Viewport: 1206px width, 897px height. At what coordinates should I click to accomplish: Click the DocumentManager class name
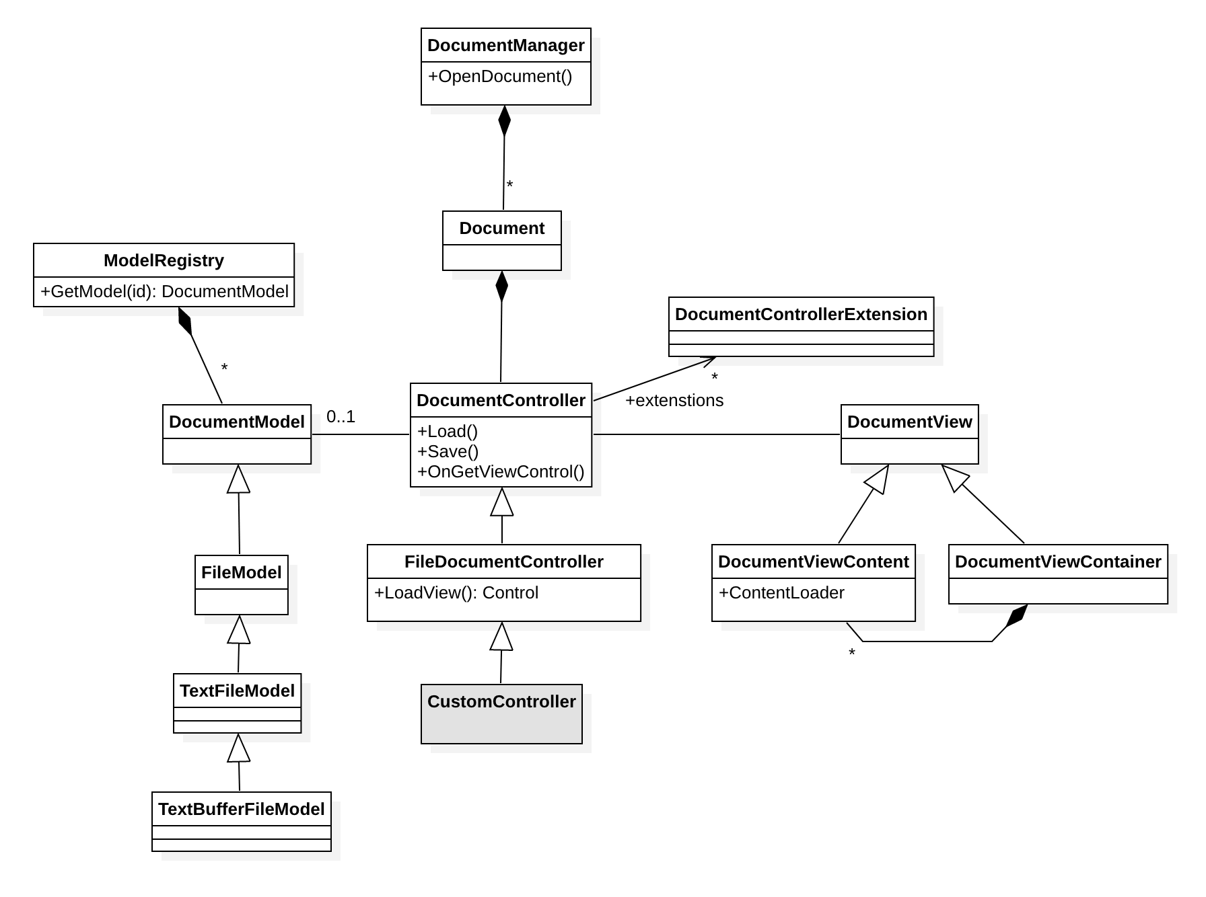(506, 46)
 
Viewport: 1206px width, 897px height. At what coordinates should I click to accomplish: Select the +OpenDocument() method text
(500, 77)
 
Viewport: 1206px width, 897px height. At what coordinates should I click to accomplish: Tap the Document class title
(502, 229)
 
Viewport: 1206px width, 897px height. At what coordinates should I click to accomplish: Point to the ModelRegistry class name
(164, 261)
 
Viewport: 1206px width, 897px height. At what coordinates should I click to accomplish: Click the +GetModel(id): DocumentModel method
(164, 292)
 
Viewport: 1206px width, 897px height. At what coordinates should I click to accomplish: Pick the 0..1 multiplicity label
(341, 417)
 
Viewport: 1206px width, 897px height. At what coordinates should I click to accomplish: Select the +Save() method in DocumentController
(448, 452)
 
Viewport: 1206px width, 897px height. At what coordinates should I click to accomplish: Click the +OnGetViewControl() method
(501, 472)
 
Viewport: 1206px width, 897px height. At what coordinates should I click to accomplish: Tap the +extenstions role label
(674, 401)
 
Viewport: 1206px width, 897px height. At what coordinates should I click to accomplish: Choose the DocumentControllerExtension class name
(801, 315)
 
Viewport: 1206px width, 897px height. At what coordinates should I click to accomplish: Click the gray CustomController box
(501, 714)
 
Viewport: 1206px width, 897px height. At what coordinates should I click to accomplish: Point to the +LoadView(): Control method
(456, 593)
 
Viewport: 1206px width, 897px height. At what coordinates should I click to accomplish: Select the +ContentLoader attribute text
(782, 593)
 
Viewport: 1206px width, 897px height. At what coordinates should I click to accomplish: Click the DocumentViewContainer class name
(1058, 562)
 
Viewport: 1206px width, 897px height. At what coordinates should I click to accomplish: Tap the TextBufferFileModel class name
(242, 810)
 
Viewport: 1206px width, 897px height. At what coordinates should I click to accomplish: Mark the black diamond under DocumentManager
(505, 121)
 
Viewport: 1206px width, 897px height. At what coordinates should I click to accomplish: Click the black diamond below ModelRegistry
(185, 321)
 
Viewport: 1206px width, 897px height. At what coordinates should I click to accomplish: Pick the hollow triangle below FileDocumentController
(502, 636)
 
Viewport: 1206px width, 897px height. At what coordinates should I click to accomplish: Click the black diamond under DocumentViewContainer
(1016, 616)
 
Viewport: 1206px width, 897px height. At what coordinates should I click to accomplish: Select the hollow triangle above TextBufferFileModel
(239, 748)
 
